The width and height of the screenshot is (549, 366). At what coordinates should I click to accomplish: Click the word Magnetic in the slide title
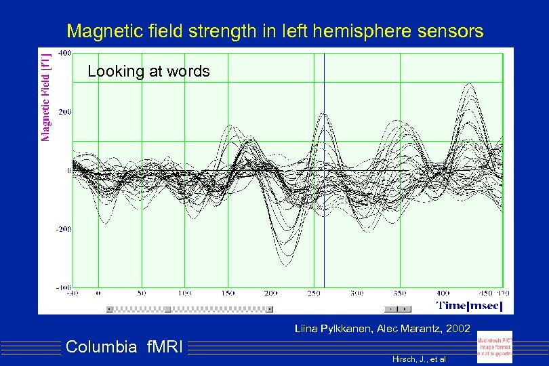[x=99, y=30]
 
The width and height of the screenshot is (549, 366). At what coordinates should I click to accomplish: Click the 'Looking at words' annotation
[x=148, y=71]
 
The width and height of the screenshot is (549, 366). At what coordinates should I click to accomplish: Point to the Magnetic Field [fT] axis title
[x=46, y=94]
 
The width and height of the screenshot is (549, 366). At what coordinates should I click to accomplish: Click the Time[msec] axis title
[x=469, y=306]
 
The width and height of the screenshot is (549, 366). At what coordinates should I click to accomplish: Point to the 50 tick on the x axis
[x=141, y=293]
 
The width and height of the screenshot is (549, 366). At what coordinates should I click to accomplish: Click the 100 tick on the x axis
[x=184, y=293]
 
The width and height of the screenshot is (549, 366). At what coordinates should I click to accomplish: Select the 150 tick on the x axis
[x=227, y=293]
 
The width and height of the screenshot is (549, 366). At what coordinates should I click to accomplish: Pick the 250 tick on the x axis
[x=314, y=293]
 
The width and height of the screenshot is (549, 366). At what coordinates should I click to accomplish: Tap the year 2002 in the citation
[x=457, y=329]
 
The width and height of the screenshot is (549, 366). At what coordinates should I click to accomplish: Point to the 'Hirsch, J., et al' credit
[x=419, y=358]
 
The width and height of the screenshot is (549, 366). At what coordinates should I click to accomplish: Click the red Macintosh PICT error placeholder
[x=495, y=347]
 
